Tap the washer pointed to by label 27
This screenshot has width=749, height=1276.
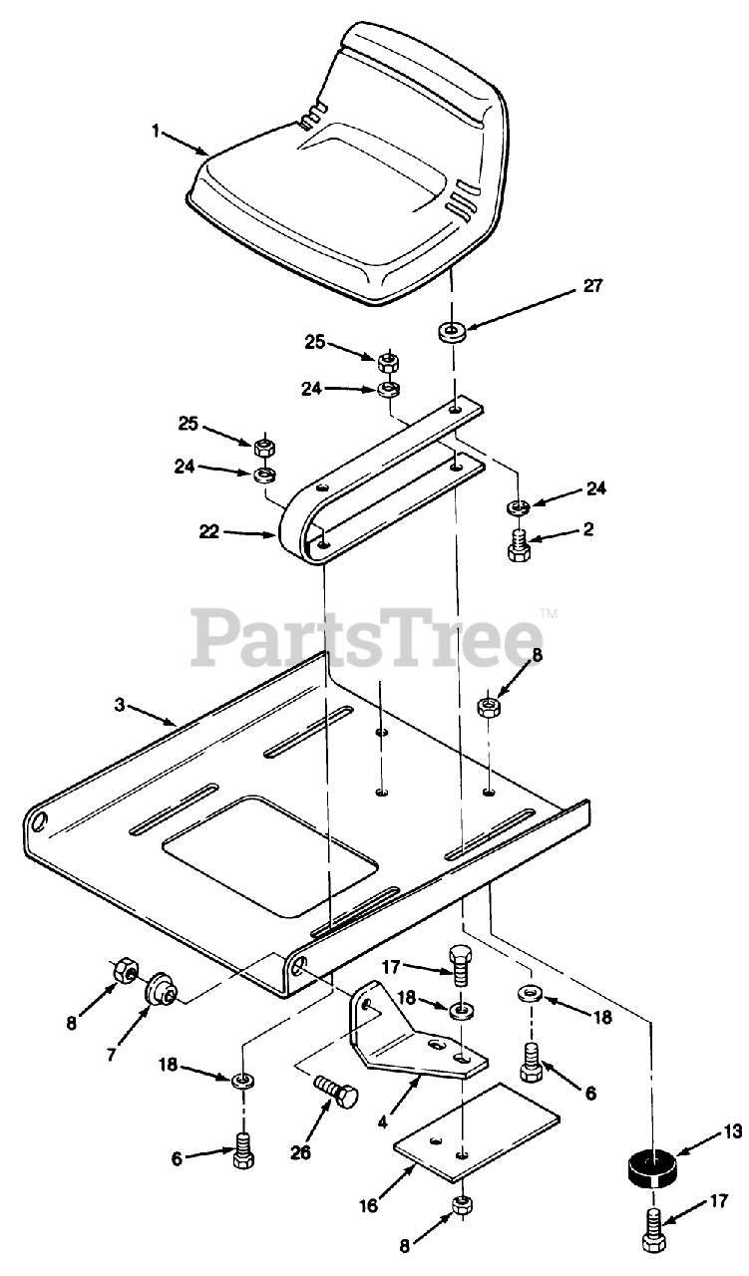(x=453, y=331)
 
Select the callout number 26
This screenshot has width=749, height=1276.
(x=299, y=1152)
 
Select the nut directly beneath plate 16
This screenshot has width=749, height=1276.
(x=462, y=1204)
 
